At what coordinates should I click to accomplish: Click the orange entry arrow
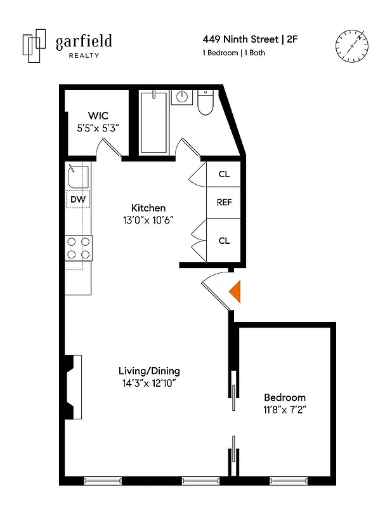235,291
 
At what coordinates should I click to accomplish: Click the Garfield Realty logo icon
34,44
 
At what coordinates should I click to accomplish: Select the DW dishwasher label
78,199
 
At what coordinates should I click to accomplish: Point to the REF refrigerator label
224,203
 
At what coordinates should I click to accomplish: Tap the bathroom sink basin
181,98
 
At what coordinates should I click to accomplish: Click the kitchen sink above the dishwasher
77,175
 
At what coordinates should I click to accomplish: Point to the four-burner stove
78,248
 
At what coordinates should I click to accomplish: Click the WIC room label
98,116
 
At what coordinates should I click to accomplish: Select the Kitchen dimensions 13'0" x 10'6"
148,219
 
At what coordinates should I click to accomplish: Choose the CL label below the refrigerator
224,241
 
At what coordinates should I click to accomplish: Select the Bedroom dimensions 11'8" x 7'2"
285,410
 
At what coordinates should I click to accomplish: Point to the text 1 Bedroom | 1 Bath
233,53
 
